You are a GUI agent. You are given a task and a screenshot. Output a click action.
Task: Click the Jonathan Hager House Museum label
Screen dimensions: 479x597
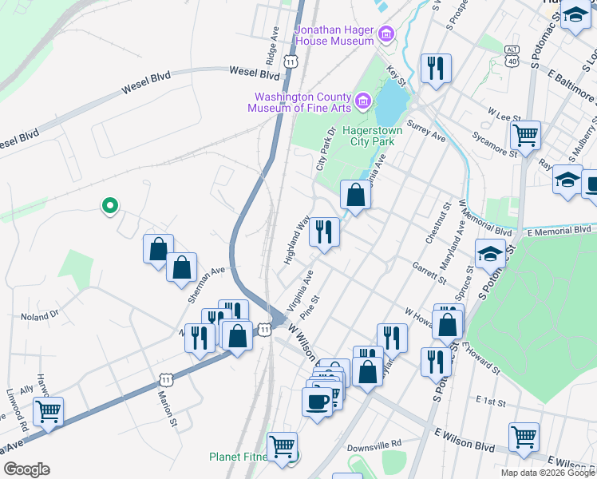(334, 35)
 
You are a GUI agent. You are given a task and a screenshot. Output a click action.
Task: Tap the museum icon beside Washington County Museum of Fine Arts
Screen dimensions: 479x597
(363, 101)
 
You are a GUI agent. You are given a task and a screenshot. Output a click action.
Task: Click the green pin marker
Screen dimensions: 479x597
(110, 207)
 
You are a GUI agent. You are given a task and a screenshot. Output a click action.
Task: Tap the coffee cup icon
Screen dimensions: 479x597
(317, 399)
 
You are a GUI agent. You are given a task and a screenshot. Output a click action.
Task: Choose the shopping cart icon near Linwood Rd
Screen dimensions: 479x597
(49, 411)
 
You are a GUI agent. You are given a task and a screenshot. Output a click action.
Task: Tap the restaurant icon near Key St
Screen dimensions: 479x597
(436, 68)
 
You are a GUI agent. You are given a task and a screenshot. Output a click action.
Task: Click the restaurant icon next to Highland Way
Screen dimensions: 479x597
(324, 232)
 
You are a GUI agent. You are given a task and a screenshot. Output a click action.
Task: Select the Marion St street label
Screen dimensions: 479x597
(167, 406)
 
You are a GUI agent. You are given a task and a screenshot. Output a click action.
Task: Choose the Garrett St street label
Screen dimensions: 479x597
(429, 271)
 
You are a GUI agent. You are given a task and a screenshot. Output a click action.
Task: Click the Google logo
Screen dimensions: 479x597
(26, 469)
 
